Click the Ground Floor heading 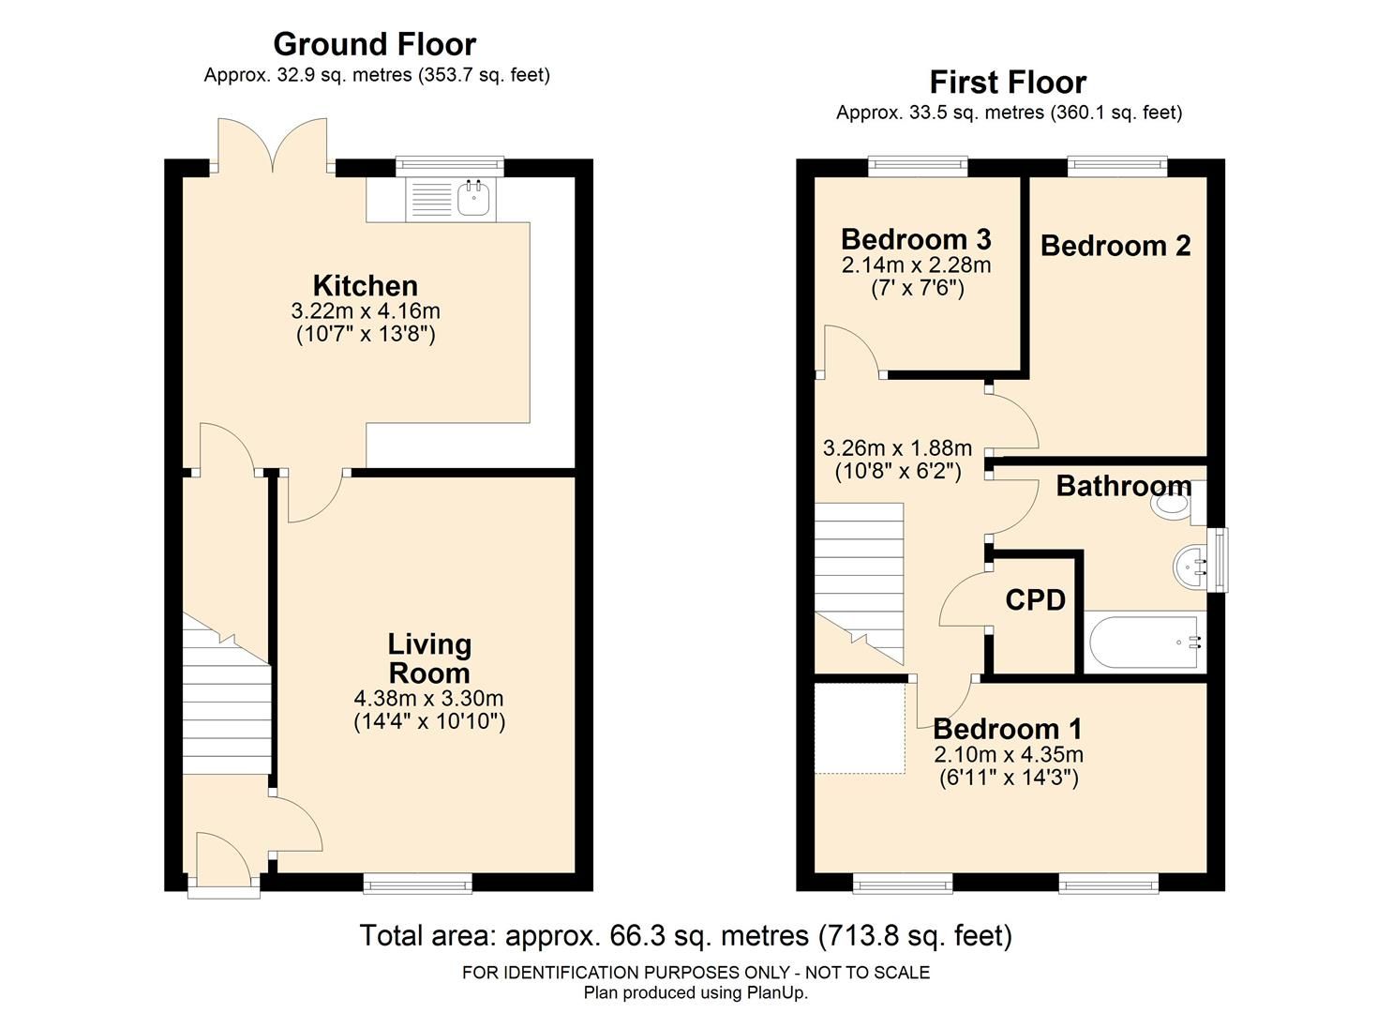(x=374, y=44)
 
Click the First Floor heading (x=1008, y=83)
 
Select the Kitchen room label (x=365, y=285)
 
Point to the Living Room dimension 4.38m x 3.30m (x=428, y=699)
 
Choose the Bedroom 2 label (x=1115, y=246)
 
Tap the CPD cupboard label (x=1035, y=600)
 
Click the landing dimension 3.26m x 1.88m (x=897, y=448)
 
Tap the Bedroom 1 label (x=1008, y=729)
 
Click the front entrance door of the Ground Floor (x=223, y=860)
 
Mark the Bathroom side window (x=1218, y=560)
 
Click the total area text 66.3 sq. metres (x=685, y=936)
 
